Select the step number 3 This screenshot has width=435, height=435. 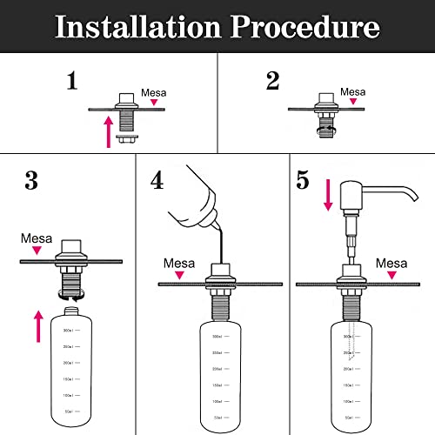point(31,181)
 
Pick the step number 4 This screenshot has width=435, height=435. point(157,181)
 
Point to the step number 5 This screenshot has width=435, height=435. point(303,181)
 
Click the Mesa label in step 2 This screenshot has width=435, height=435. point(352,90)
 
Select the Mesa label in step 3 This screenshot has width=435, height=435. point(37,238)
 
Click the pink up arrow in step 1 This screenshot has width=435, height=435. point(108,133)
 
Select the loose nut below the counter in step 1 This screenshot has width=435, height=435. point(129,138)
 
